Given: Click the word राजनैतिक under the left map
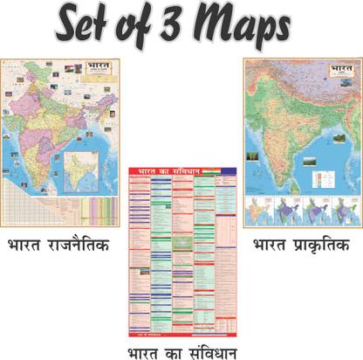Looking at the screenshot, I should (78, 246).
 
